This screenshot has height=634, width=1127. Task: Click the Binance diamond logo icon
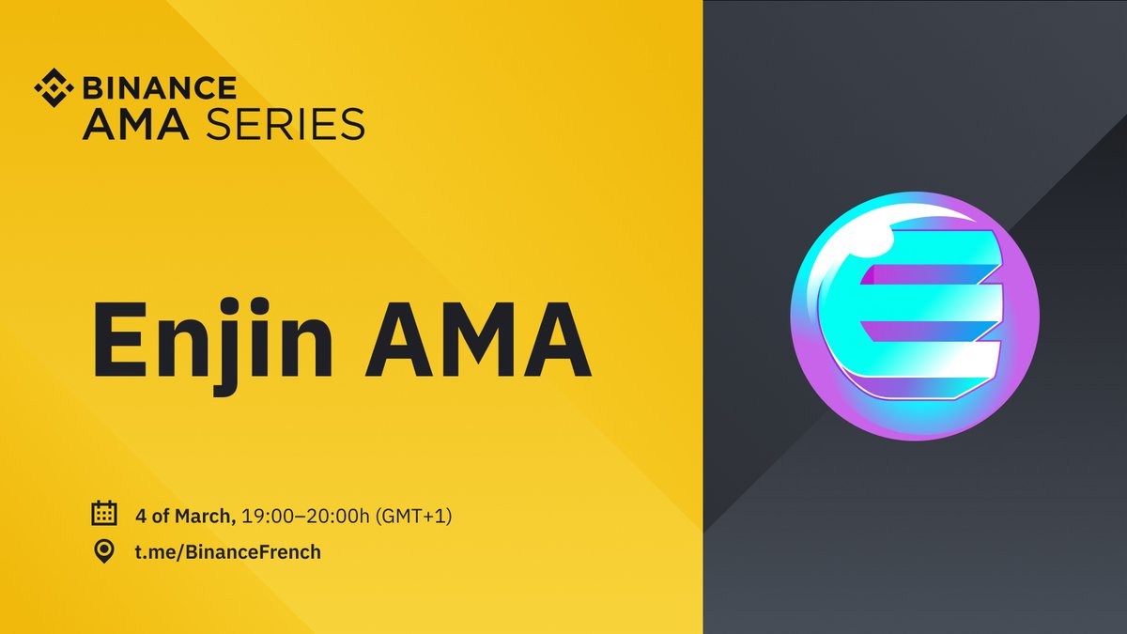[54, 87]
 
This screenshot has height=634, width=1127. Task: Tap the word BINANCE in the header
[161, 87]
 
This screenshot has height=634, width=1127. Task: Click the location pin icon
[103, 551]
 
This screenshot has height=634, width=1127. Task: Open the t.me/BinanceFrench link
[225, 551]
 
